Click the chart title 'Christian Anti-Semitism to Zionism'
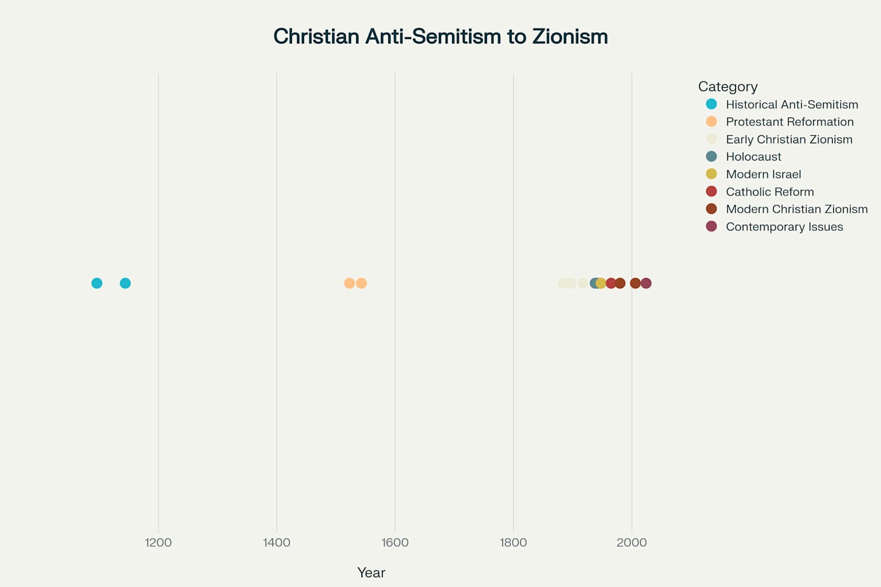click(440, 37)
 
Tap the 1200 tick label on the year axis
click(158, 542)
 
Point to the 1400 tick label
click(276, 542)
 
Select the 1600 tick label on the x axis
click(395, 542)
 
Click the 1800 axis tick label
click(513, 542)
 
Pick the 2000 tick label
click(631, 542)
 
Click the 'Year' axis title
click(371, 573)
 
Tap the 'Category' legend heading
click(728, 87)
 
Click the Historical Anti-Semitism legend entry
click(792, 104)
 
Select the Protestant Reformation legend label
click(789, 122)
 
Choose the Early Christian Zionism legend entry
click(789, 139)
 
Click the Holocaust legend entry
click(753, 156)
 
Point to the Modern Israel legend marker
click(711, 174)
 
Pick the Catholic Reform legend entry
click(769, 191)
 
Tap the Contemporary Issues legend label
click(784, 226)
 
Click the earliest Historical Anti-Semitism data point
click(97, 283)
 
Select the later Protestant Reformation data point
click(361, 283)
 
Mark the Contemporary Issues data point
click(646, 283)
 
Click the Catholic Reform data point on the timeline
click(610, 283)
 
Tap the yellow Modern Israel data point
click(601, 283)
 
